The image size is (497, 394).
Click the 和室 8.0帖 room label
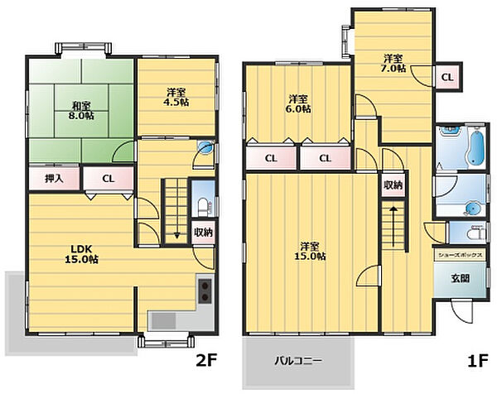[81, 110]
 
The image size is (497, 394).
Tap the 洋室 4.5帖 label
[177, 97]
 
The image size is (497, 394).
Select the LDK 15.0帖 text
[81, 254]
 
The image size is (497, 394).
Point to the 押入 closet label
[54, 179]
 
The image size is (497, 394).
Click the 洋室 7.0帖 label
[393, 63]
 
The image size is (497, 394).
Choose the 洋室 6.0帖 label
[298, 104]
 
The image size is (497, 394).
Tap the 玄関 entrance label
[461, 278]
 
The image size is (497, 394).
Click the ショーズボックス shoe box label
[461, 255]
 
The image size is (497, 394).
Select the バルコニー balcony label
[298, 361]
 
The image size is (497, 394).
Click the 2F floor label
[206, 360]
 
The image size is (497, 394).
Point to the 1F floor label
[477, 360]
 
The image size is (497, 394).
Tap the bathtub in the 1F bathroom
[475, 147]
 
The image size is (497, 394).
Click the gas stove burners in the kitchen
[205, 291]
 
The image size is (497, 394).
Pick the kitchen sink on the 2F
[163, 320]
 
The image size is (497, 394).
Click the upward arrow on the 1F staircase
[393, 227]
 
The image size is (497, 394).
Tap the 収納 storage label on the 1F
[393, 185]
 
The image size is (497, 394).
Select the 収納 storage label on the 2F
[203, 233]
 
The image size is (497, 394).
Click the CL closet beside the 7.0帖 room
[447, 77]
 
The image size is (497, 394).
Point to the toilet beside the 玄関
[475, 233]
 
